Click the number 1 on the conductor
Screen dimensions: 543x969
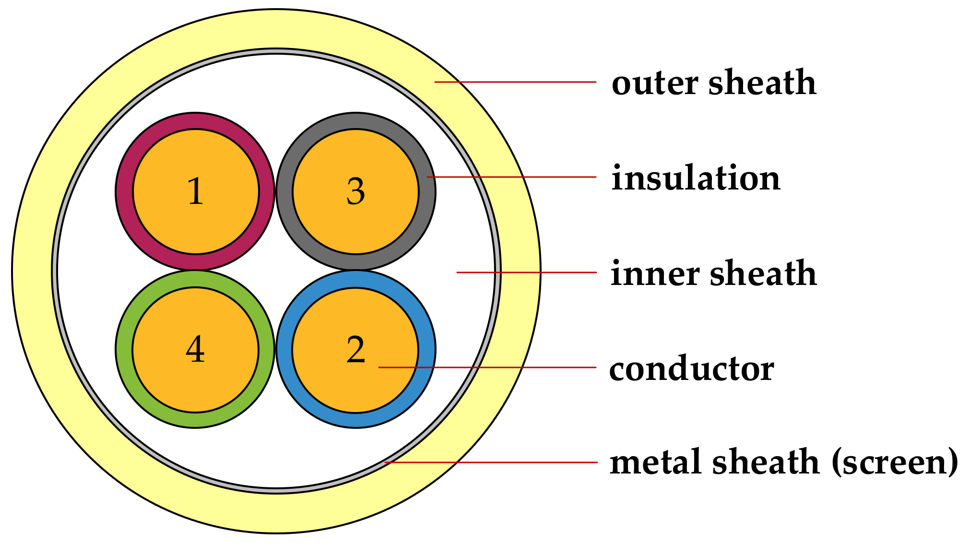(x=195, y=191)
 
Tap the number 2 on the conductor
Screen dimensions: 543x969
(x=355, y=350)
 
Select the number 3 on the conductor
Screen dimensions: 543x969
(x=355, y=191)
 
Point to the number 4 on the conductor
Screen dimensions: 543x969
(x=195, y=350)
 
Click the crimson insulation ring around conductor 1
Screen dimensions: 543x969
(x=124, y=192)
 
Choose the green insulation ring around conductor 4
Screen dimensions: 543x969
(x=124, y=350)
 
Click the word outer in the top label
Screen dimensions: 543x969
(x=654, y=83)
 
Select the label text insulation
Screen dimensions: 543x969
(x=696, y=178)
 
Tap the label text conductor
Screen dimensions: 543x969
(x=691, y=369)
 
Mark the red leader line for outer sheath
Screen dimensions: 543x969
(x=516, y=82)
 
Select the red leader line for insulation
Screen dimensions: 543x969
(x=511, y=177)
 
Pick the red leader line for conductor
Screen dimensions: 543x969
(x=487, y=367)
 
